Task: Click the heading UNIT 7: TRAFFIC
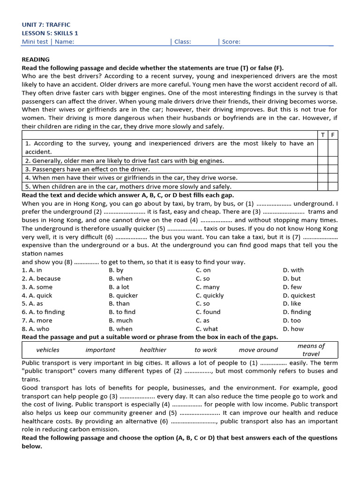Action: pyautogui.click(x=46, y=24)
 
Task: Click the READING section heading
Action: pyautogui.click(x=36, y=60)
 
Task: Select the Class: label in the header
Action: pyautogui.click(x=182, y=42)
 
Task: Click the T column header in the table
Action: pyautogui.click(x=322, y=135)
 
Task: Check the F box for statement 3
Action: pyautogui.click(x=332, y=169)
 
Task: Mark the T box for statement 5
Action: pyautogui.click(x=322, y=187)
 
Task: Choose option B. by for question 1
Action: pyautogui.click(x=116, y=270)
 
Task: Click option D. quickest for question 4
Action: pyautogui.click(x=299, y=295)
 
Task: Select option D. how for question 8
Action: pyautogui.click(x=293, y=329)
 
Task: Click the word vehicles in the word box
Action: pyautogui.click(x=48, y=350)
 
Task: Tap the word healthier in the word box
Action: pyautogui.click(x=153, y=350)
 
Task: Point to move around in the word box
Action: pyautogui.click(x=258, y=350)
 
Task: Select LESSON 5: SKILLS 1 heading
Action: pyautogui.click(x=50, y=33)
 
